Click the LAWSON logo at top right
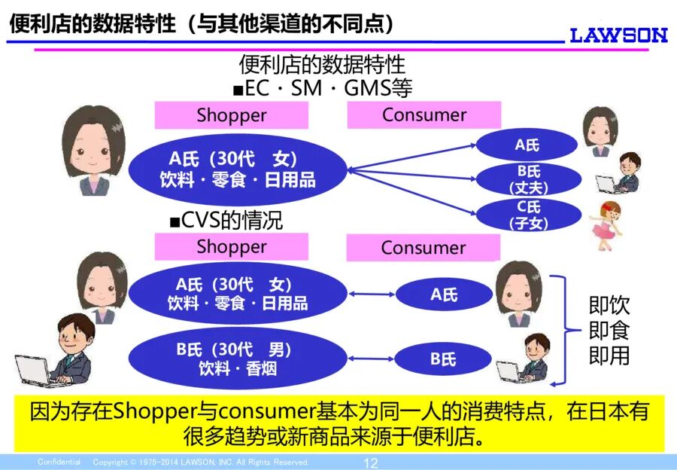pos(618,35)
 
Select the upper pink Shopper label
pos(231,115)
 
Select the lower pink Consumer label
pos(423,248)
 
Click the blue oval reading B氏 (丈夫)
pos(528,179)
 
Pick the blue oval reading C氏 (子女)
pos(528,215)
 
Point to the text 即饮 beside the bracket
pos(609,306)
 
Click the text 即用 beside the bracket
pos(609,355)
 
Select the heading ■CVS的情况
pos(226,221)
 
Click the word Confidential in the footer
pos(59,462)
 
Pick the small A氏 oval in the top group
pos(527,145)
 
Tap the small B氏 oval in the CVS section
pos(443,359)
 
